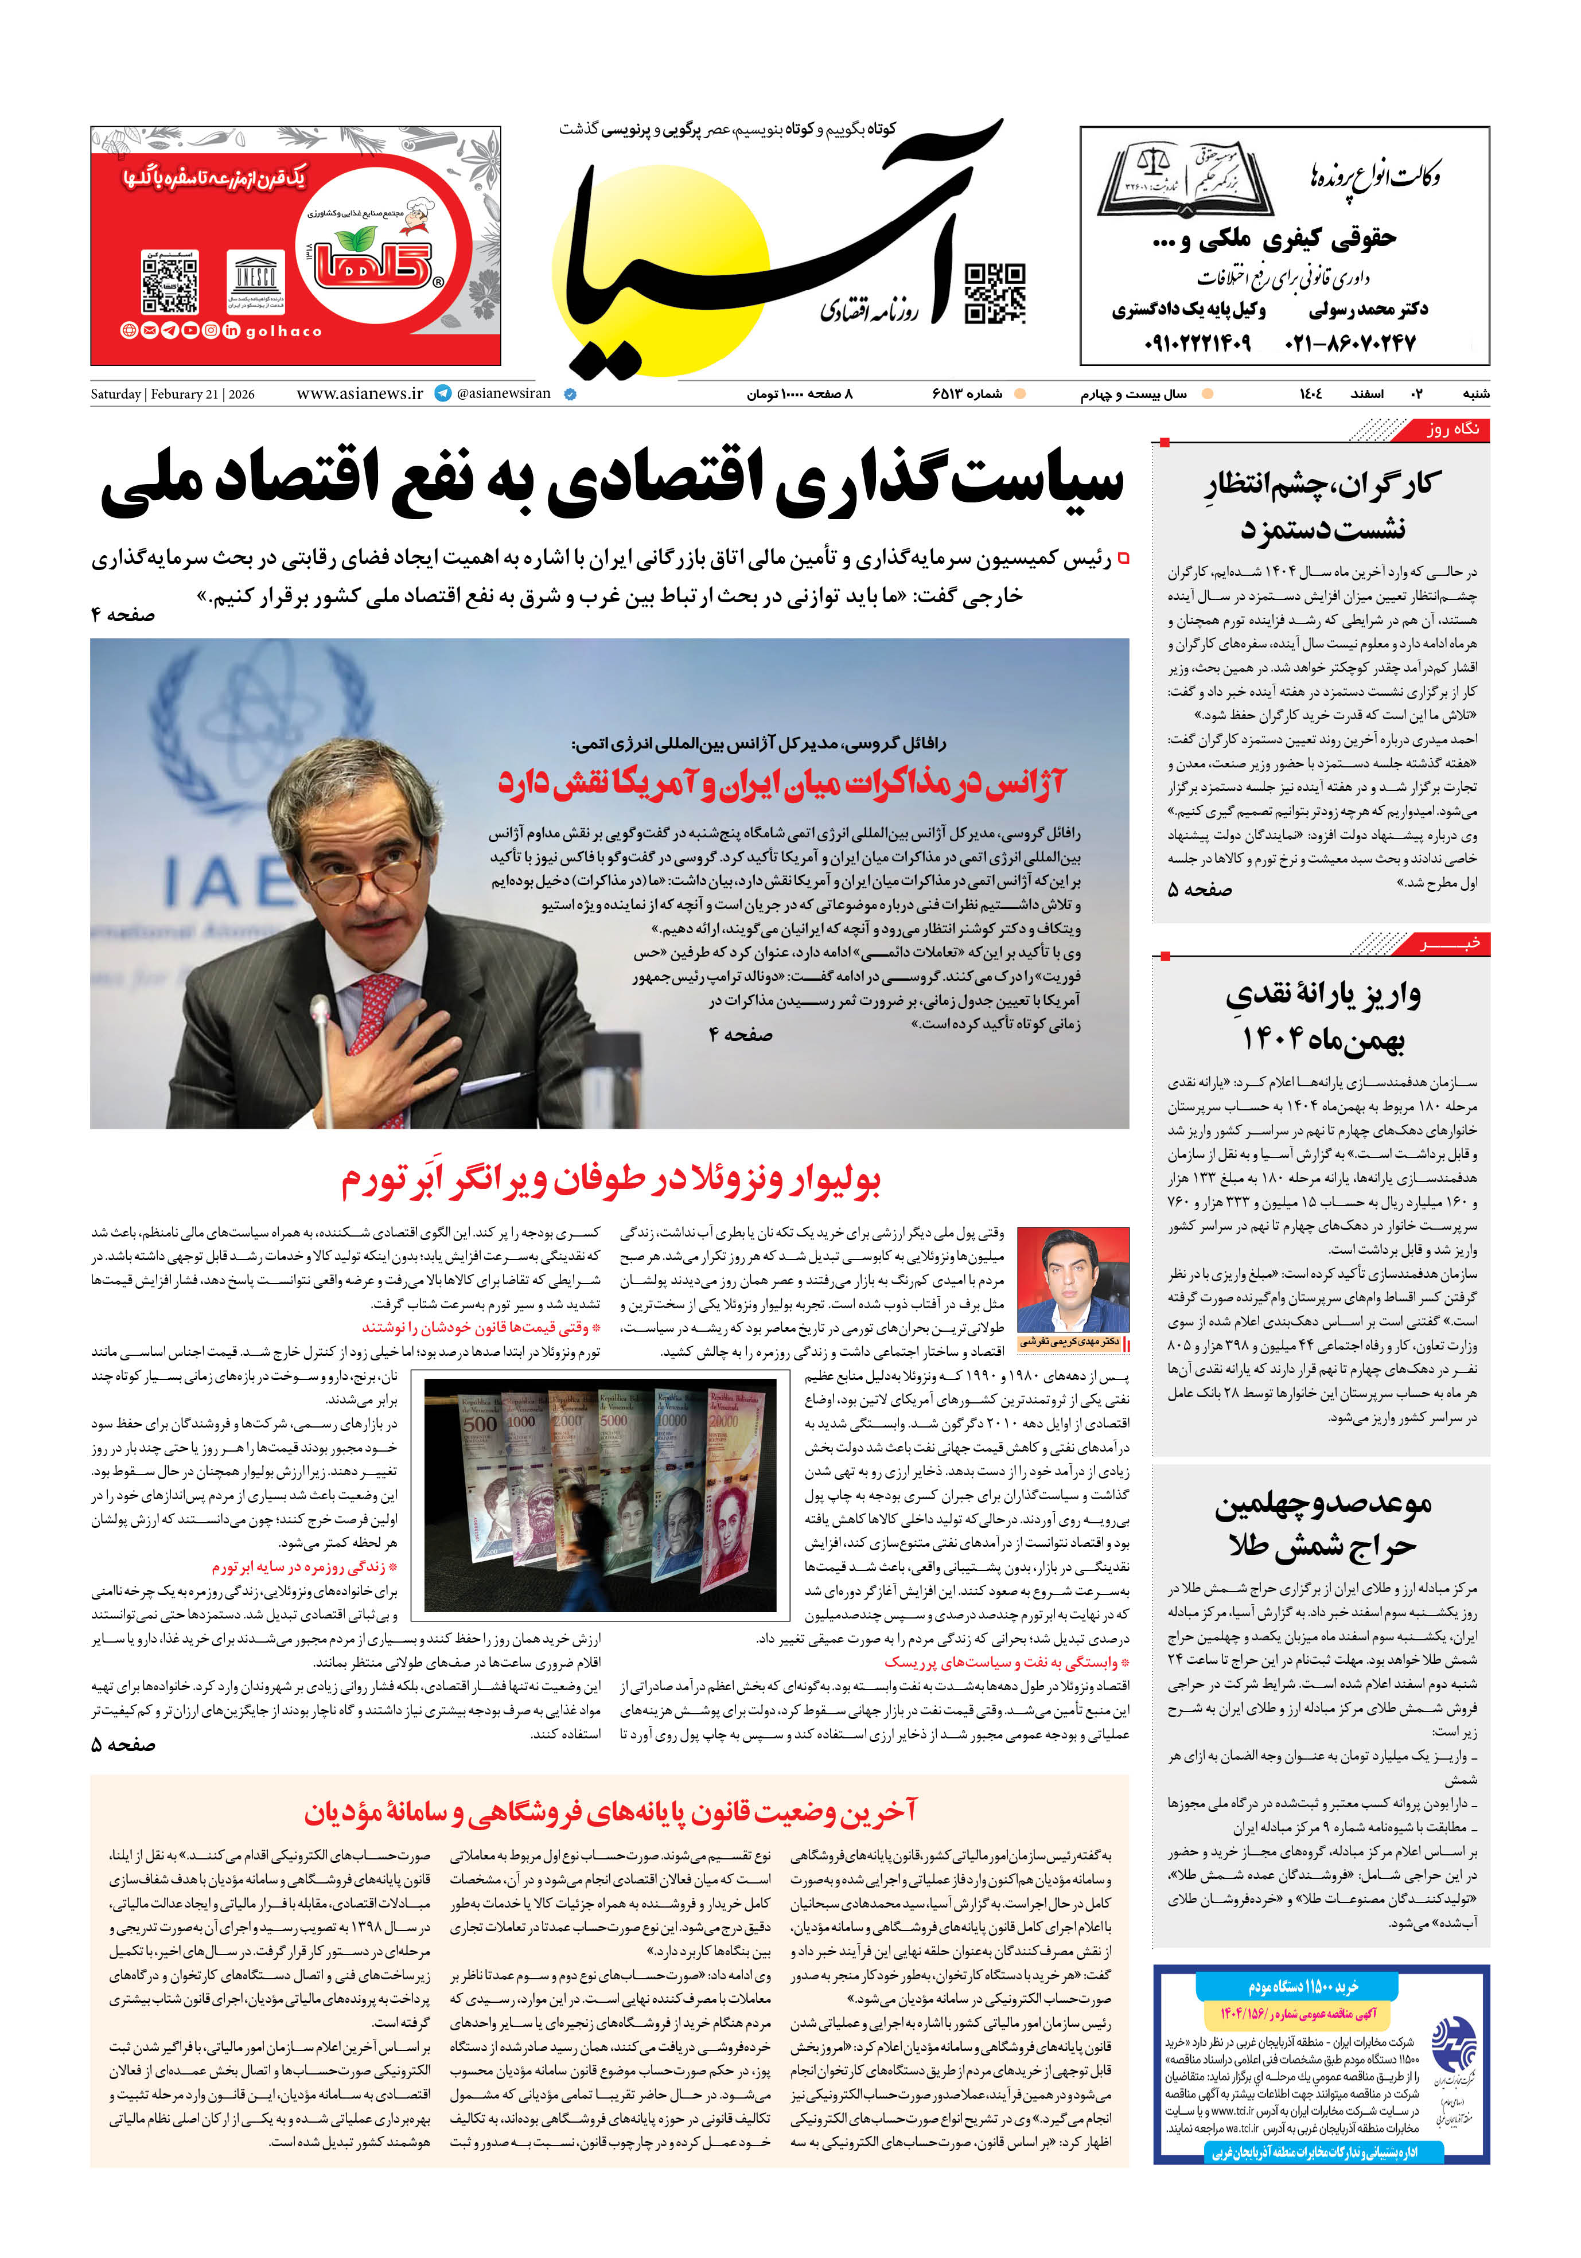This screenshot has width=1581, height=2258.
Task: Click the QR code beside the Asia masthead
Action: click(995, 293)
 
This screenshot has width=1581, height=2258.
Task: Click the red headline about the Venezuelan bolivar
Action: click(610, 1181)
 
